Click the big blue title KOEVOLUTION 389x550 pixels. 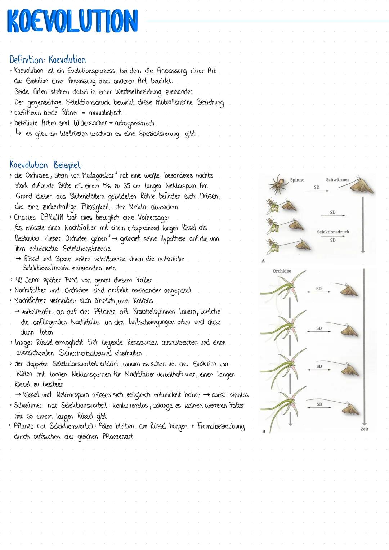tap(72, 21)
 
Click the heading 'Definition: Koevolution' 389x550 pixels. tap(48, 60)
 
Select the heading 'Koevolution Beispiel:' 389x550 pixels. tap(46, 165)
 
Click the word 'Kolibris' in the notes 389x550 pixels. tap(143, 301)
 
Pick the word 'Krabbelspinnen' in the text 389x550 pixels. tap(154, 312)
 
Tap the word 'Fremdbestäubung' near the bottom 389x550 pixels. tap(220, 426)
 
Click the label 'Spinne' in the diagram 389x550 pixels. tap(297, 180)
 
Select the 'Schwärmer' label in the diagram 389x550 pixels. tap(337, 179)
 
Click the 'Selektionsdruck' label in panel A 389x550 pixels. tap(333, 232)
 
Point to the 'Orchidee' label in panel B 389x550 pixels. tap(282, 271)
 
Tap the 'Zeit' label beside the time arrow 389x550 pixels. tap(364, 429)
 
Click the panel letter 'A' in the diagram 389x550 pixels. tap(263, 261)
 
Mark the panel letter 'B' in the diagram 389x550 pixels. tap(263, 431)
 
